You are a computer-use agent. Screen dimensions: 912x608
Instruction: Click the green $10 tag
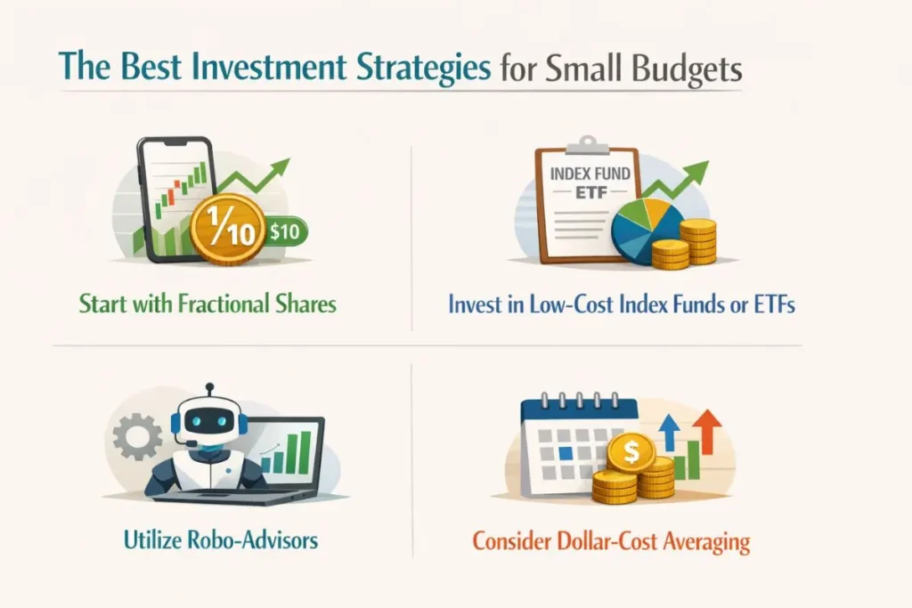click(286, 232)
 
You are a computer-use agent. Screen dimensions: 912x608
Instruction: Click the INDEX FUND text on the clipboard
click(590, 174)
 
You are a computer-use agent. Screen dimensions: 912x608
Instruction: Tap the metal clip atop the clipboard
click(588, 146)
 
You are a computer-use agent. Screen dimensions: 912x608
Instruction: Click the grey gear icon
click(137, 436)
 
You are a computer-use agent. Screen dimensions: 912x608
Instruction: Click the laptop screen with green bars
click(291, 450)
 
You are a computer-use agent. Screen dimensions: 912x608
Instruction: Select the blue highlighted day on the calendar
click(566, 453)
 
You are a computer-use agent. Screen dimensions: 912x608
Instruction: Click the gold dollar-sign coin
click(631, 450)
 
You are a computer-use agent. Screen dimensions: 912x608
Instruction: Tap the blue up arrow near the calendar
click(670, 433)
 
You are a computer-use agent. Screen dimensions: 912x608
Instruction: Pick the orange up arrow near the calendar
click(707, 431)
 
